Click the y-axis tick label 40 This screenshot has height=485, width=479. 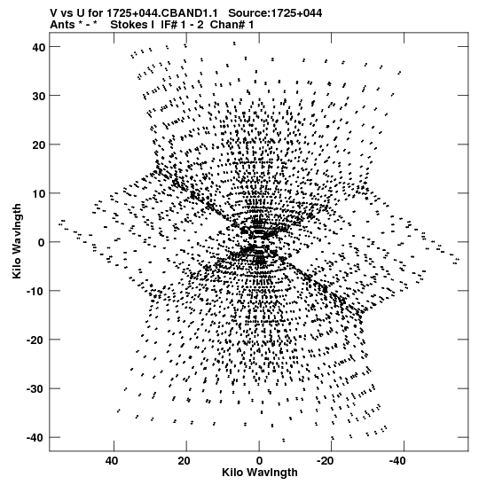click(38, 47)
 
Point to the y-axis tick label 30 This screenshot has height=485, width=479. click(38, 96)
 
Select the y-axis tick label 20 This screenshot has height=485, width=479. click(38, 145)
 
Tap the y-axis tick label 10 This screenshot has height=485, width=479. click(38, 194)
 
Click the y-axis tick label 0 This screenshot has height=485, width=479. click(41, 243)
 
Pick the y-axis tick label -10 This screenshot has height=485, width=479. click(35, 292)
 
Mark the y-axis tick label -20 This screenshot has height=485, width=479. click(35, 340)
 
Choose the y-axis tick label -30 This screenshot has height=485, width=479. click(35, 389)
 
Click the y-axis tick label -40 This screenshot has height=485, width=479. click(35, 438)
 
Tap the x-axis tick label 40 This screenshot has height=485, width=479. click(112, 461)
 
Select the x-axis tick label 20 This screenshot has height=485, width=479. click(185, 461)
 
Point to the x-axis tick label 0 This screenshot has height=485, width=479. click(259, 461)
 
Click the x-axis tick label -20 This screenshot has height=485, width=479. click(326, 461)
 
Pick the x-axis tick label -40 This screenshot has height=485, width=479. click(398, 461)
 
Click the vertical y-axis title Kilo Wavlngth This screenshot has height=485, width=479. click(17, 241)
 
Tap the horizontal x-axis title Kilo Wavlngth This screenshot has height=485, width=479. click(260, 473)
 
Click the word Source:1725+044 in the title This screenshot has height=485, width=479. click(275, 13)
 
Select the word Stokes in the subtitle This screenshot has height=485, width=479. click(132, 25)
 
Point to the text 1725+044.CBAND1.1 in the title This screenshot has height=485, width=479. click(162, 13)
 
